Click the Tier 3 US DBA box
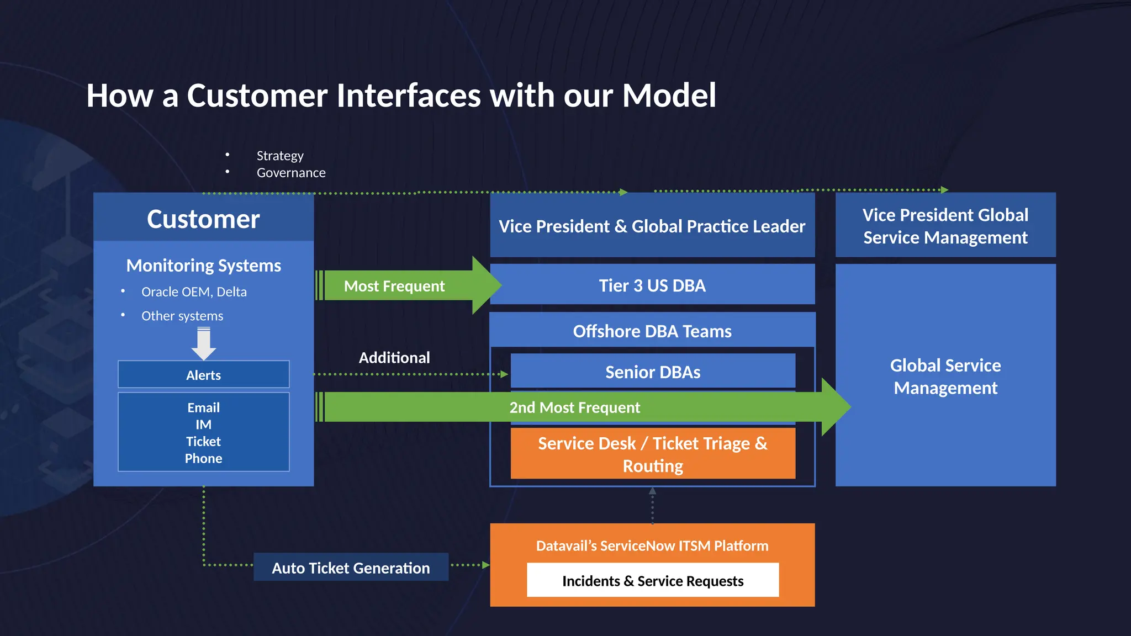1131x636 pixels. point(652,285)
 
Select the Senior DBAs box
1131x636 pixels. point(653,372)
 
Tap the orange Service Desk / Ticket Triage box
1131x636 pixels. point(653,454)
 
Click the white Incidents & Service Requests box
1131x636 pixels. point(653,580)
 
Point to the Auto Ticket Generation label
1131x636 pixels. point(351,568)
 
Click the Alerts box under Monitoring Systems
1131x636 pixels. point(203,375)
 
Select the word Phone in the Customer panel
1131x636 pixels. point(203,458)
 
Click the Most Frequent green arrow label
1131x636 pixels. point(394,286)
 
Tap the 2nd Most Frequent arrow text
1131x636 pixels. point(574,407)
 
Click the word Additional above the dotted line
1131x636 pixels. point(394,358)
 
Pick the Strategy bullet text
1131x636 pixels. point(280,156)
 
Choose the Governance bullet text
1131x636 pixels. point(291,173)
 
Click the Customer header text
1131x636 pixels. point(203,219)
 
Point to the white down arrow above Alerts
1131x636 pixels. point(203,343)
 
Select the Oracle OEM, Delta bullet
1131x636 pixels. point(194,291)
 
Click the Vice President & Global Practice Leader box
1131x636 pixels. point(652,226)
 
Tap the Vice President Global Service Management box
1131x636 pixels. point(945,226)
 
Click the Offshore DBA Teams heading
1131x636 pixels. point(652,331)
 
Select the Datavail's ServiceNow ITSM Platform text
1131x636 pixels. point(652,545)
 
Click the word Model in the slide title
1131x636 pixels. point(669,96)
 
